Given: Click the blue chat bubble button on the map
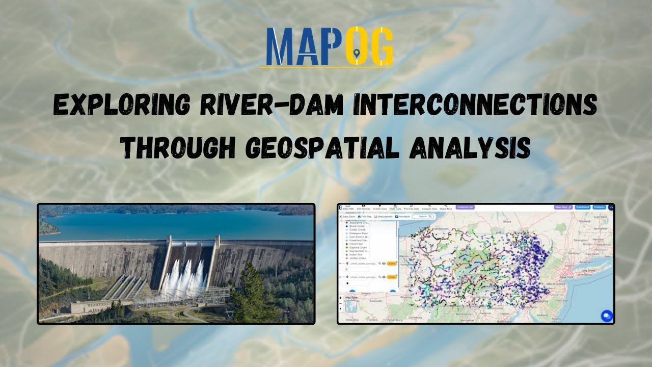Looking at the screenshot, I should click(x=606, y=316).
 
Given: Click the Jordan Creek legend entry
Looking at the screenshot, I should click(x=358, y=258).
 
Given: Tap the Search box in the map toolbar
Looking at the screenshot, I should click(x=423, y=217).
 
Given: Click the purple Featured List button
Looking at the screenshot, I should click(x=465, y=207).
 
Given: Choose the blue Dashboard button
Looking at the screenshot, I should click(x=583, y=207).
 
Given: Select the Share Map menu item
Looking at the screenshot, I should click(x=446, y=208).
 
